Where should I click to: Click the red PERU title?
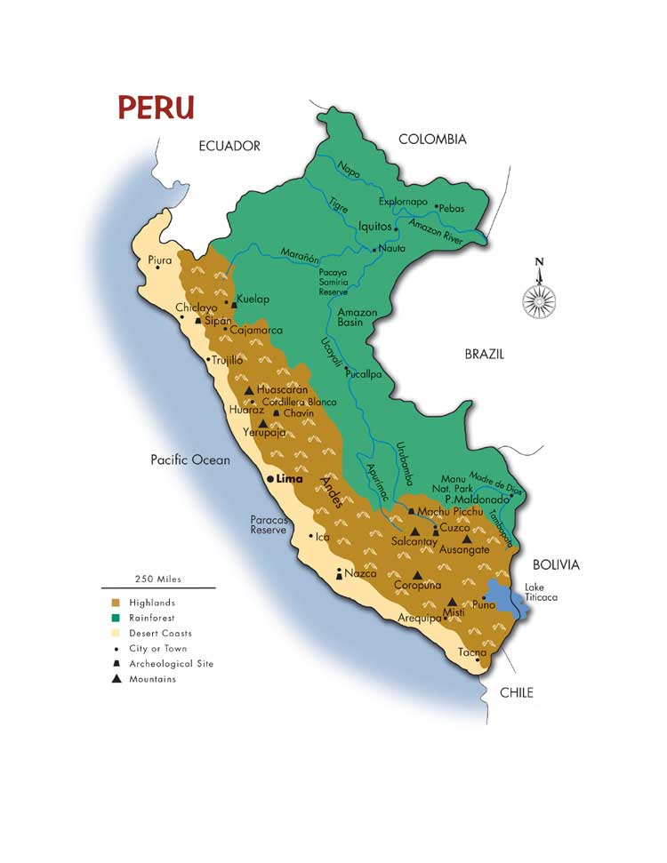(x=157, y=108)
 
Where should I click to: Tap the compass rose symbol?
(x=539, y=300)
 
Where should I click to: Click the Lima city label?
(x=290, y=478)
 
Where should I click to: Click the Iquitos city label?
(x=374, y=227)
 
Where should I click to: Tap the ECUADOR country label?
(x=229, y=146)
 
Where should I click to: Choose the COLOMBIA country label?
(x=432, y=140)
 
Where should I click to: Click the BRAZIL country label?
(x=485, y=354)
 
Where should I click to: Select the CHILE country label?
(x=516, y=692)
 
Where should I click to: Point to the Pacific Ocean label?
(x=190, y=459)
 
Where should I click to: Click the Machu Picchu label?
(x=450, y=512)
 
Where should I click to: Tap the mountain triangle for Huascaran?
(x=249, y=390)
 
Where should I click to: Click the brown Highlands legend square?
(x=117, y=603)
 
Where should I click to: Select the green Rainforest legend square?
(x=117, y=618)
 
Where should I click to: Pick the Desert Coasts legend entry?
(x=160, y=634)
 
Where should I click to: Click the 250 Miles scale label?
(x=157, y=579)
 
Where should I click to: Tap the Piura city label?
(x=159, y=260)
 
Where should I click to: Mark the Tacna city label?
(x=471, y=652)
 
